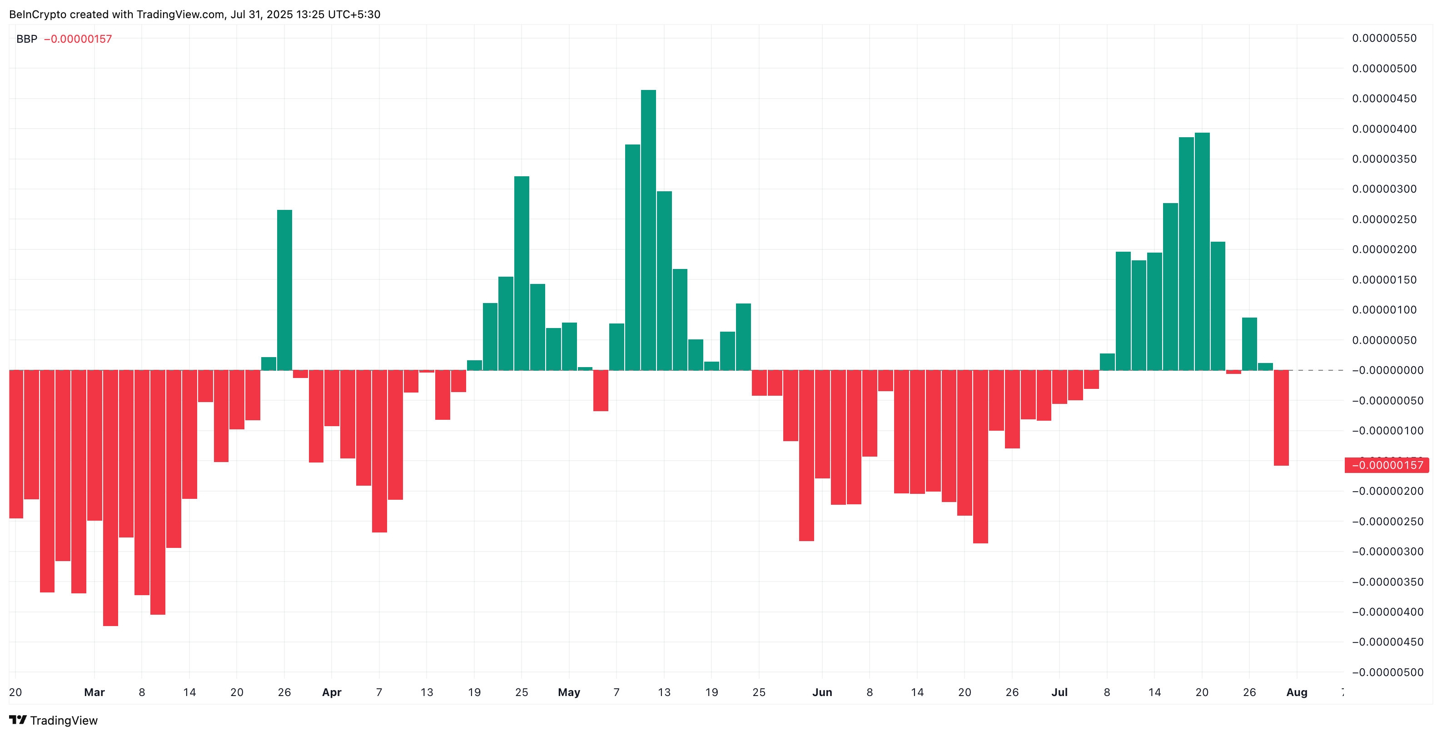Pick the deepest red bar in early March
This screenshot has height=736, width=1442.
coord(110,497)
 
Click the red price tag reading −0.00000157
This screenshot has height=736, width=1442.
coord(1387,465)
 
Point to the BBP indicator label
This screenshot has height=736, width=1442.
coord(26,39)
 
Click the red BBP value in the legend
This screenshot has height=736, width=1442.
coord(78,39)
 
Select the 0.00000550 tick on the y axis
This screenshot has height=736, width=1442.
coord(1384,38)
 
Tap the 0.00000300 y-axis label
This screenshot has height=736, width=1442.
coord(1384,189)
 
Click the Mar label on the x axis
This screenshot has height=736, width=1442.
coord(94,692)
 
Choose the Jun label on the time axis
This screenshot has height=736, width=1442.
coord(822,692)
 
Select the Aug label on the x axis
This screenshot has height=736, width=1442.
coord(1297,692)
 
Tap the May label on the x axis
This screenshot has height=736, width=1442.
coord(569,692)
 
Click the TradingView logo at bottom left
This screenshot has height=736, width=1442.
coord(53,721)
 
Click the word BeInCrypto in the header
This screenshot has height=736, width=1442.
coord(37,15)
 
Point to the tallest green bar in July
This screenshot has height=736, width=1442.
coord(1202,251)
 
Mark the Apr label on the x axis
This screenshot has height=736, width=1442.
coord(331,692)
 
